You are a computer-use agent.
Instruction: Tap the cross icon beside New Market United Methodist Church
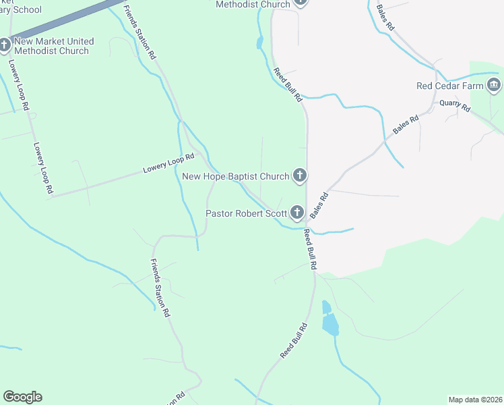(5, 46)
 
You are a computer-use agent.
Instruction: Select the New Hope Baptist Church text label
(236, 177)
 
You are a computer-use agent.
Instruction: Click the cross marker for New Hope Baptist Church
(300, 176)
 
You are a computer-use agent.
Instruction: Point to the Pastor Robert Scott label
(246, 214)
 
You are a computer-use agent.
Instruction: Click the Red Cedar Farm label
(449, 86)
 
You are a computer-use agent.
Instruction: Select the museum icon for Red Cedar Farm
(493, 85)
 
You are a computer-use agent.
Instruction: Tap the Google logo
(22, 397)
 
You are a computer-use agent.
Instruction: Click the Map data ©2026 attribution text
(474, 400)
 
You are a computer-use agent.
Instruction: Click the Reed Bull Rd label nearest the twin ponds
(294, 340)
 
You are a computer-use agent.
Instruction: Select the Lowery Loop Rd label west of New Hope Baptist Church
(168, 164)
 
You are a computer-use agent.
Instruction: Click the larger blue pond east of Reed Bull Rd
(330, 325)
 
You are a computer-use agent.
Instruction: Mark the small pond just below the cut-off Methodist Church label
(259, 44)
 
